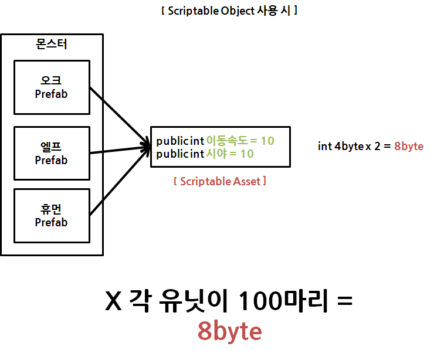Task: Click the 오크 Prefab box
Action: (x=52, y=87)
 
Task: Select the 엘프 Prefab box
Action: (x=52, y=154)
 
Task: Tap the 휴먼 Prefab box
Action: (x=52, y=216)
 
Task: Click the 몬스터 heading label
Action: (x=52, y=44)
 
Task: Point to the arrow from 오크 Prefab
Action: (x=117, y=114)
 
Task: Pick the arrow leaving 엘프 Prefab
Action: (x=117, y=151)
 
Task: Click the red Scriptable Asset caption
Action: (x=220, y=181)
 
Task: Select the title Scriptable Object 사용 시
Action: (x=229, y=11)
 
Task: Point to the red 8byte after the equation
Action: (x=409, y=146)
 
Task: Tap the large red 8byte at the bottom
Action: (x=229, y=332)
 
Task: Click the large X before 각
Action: (x=113, y=302)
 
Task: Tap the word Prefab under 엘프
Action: (x=52, y=160)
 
